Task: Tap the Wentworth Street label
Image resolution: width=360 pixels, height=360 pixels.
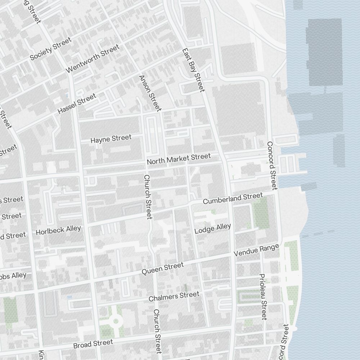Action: coord(93,59)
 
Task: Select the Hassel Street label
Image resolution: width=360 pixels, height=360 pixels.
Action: coord(77,104)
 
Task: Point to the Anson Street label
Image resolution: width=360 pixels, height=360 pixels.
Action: coord(150,93)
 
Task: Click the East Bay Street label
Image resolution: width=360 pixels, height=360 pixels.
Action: coord(193,70)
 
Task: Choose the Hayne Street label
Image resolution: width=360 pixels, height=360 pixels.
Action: coord(111,139)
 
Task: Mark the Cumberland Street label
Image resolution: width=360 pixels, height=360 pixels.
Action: coord(233,198)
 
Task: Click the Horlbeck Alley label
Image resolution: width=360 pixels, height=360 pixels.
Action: coord(58,230)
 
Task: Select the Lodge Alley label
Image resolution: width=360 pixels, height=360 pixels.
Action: coord(212,229)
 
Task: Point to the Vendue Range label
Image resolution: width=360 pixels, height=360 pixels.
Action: coord(256,250)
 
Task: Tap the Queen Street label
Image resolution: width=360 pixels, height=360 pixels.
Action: coord(162,269)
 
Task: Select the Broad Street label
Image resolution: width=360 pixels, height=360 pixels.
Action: coord(93,343)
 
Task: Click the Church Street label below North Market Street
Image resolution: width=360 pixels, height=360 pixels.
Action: coord(148,197)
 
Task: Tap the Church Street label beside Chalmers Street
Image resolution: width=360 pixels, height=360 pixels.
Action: coord(157,331)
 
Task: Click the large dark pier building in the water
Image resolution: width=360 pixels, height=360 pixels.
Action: coord(324,52)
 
